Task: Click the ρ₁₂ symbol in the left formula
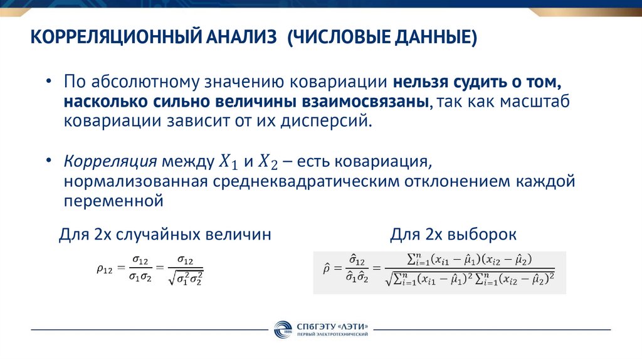[x=105, y=269]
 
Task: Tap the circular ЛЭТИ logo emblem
[x=281, y=330]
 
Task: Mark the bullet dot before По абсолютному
[x=49, y=83]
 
